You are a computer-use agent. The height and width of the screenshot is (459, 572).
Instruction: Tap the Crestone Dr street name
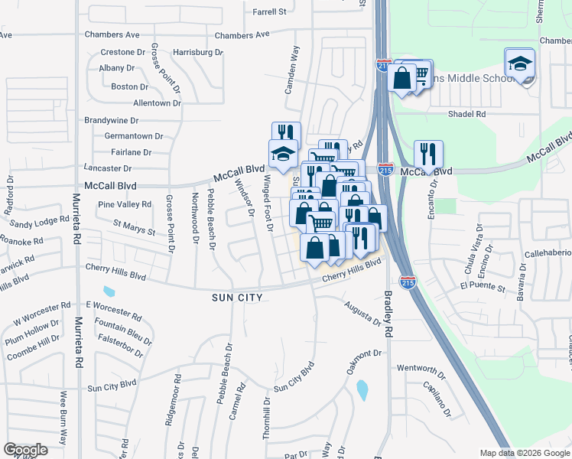coord(122,53)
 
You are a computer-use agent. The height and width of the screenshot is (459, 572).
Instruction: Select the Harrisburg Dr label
coord(197,53)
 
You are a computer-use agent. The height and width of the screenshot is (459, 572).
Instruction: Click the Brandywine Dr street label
coord(111,120)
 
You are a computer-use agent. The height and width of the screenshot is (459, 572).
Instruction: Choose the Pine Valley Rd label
coord(125,204)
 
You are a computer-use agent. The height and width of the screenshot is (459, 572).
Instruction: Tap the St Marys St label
coord(134,227)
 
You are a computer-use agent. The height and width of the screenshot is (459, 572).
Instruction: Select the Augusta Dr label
coord(362,314)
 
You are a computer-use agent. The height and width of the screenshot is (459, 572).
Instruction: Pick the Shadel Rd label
coord(466,114)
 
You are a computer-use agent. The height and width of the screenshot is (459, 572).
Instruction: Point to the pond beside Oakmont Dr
coord(362,390)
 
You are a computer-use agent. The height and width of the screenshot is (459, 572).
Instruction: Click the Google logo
coord(25,450)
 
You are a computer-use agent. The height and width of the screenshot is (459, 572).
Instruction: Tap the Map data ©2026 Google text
coord(524,453)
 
